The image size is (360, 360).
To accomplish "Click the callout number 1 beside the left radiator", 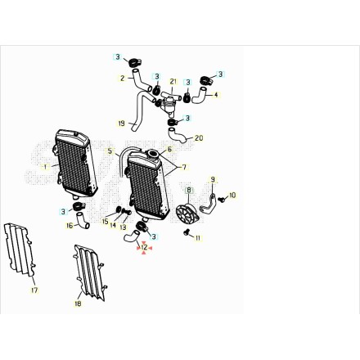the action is (x=45, y=167).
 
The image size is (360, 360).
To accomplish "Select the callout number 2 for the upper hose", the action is (x=123, y=79).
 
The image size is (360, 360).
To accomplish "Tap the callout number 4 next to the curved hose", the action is (x=216, y=95).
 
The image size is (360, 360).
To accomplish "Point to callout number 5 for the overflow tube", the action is (x=110, y=151).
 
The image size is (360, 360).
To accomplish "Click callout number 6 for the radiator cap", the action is (x=169, y=149).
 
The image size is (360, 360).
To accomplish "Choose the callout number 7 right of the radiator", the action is (x=184, y=167).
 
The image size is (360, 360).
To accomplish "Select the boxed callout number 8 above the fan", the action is (x=189, y=190).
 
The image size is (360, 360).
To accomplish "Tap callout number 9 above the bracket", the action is (x=213, y=180).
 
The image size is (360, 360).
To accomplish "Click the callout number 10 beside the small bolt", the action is (x=232, y=196).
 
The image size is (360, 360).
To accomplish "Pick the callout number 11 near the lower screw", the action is (x=198, y=238).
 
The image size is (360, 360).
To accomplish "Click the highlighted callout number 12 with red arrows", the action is (x=145, y=248).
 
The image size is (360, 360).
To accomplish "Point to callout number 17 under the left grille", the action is (x=34, y=290).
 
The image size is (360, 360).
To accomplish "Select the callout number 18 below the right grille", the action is (x=78, y=304).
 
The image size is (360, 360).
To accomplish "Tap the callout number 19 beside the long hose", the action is (x=121, y=124).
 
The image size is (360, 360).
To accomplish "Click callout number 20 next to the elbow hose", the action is (x=199, y=138).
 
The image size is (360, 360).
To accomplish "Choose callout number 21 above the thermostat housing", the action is (x=173, y=81).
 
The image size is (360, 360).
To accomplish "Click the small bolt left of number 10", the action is (x=223, y=200).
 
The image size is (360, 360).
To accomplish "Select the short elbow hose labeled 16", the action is (x=83, y=221).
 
